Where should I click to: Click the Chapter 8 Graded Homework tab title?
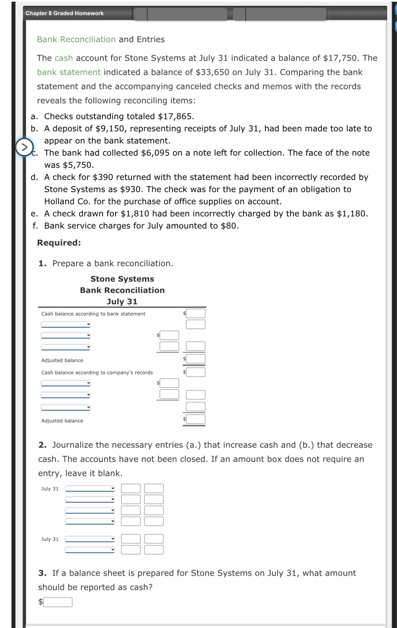[64, 13]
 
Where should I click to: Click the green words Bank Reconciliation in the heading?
[76, 39]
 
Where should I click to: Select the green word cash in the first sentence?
[64, 58]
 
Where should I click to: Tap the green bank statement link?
[69, 72]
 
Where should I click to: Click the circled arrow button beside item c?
[24, 147]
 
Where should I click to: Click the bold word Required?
[59, 243]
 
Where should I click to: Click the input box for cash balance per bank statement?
[196, 313]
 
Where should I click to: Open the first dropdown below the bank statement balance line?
[65, 325]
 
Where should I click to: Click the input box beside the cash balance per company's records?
[196, 372]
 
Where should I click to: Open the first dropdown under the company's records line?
[65, 383]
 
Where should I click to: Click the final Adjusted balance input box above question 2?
[196, 419]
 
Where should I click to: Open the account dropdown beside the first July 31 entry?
[90, 489]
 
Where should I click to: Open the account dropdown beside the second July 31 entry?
[90, 539]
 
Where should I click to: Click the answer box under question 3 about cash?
[58, 602]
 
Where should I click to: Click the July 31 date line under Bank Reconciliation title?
[122, 302]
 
